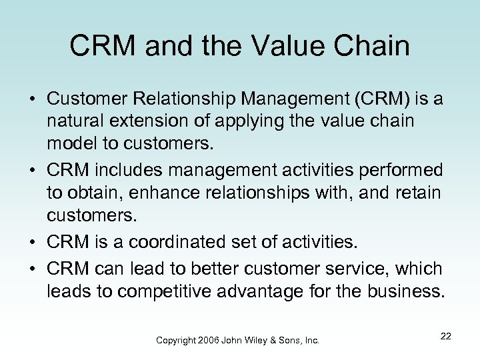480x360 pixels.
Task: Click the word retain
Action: (x=418, y=193)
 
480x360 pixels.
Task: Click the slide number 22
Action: (x=445, y=337)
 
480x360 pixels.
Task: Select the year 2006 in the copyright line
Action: (x=209, y=340)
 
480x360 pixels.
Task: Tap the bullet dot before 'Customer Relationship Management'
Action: (x=30, y=99)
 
